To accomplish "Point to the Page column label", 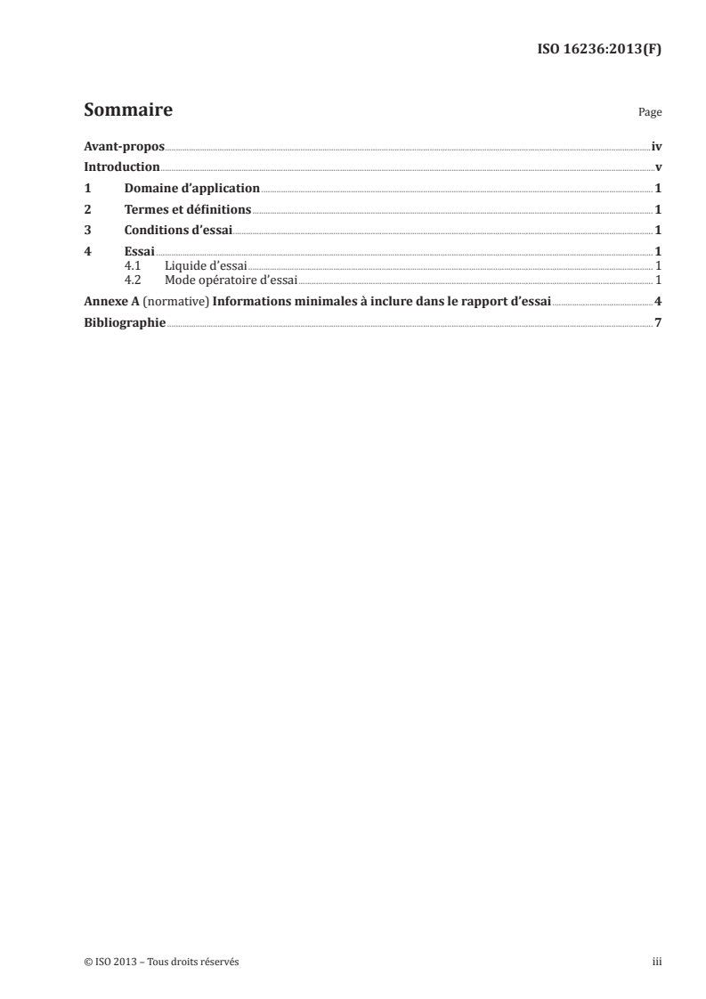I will point(650,113).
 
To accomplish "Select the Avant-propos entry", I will point(124,146).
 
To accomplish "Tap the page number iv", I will point(656,146).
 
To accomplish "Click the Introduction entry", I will point(122,167).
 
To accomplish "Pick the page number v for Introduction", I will point(658,167).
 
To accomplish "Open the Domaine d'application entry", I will point(192,189).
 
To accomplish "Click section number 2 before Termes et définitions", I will point(87,210).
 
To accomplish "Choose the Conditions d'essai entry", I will point(178,231).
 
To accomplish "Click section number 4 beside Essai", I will point(87,252).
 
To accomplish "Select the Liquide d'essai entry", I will point(206,265).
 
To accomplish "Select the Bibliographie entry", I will point(125,322).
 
